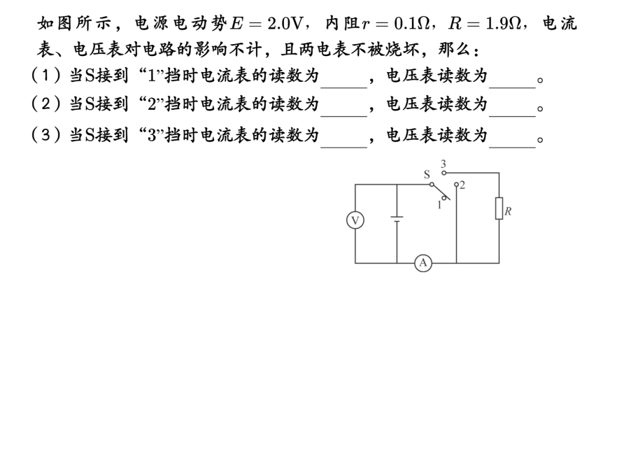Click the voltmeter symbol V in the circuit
click(x=355, y=221)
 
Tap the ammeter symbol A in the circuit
click(x=423, y=263)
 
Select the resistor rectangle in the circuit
click(x=499, y=208)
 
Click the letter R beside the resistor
click(x=509, y=211)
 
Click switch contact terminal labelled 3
click(x=443, y=171)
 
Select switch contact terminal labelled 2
click(x=456, y=186)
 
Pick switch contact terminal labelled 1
click(x=443, y=198)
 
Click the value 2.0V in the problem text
click(x=285, y=24)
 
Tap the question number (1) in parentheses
click(x=44, y=76)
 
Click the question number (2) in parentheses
click(x=44, y=106)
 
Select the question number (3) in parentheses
click(x=44, y=136)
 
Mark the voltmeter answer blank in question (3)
click(x=512, y=138)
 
